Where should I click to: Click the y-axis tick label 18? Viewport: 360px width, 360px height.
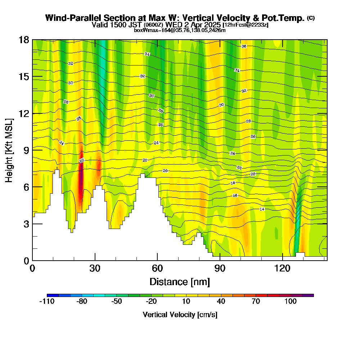click(24, 40)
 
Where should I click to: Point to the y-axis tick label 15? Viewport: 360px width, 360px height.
click(24, 77)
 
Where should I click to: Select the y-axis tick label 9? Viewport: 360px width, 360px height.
click(26, 150)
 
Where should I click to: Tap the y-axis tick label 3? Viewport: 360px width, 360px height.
click(26, 224)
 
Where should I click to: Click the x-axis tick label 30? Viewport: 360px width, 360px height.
click(95, 268)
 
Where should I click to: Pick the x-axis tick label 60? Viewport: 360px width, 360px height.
click(157, 268)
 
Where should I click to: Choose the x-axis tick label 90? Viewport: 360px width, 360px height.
click(220, 268)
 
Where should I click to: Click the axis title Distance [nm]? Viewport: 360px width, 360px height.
click(180, 281)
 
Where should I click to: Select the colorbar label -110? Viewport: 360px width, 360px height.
click(46, 302)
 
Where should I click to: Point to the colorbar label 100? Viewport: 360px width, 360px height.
click(291, 302)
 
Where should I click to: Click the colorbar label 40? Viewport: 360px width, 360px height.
click(221, 302)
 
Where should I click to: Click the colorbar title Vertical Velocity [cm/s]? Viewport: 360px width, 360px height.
click(180, 315)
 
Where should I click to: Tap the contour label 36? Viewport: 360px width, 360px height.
click(244, 46)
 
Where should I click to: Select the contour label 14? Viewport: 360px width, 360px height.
click(262, 209)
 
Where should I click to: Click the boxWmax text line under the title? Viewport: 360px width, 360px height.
click(180, 30)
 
